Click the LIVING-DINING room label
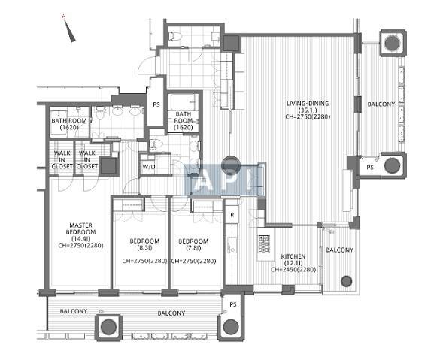tap(308, 104)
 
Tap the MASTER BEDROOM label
tap(80, 228)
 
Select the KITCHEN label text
tap(293, 256)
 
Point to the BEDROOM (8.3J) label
tap(144, 244)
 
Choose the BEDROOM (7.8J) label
tap(193, 244)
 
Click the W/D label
tap(148, 167)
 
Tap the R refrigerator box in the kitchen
tap(232, 215)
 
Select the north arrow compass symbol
tap(69, 29)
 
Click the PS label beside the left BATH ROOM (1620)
tap(156, 105)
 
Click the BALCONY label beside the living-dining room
tap(381, 104)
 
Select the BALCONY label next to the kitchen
tap(339, 250)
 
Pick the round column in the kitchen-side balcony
tap(346, 281)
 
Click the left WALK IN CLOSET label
tap(62, 159)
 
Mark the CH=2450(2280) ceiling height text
tap(293, 270)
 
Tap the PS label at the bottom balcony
tap(233, 305)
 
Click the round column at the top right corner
tap(393, 43)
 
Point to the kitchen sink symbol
tap(232, 245)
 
